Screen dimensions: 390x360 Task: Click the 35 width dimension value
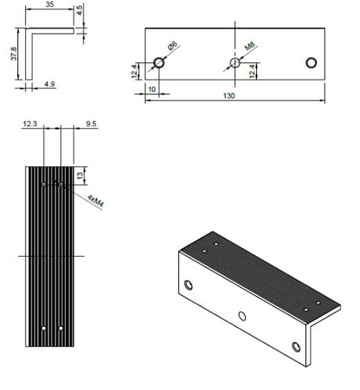[x=50, y=5]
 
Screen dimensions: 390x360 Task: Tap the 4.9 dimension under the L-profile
[x=49, y=83]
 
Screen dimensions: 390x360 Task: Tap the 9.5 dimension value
[x=91, y=123]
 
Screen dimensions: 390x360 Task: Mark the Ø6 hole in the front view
[x=159, y=62]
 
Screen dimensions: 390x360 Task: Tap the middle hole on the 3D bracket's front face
[x=242, y=315]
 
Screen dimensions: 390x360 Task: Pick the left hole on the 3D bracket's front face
[x=188, y=284]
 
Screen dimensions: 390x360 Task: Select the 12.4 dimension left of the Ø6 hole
[x=136, y=71]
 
